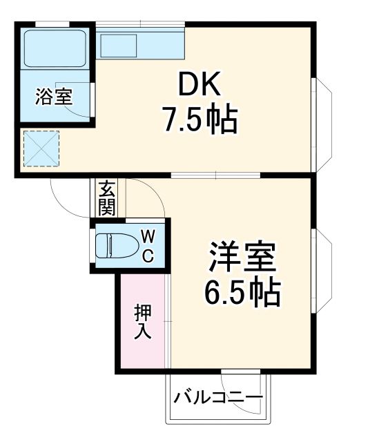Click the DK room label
(x=200, y=86)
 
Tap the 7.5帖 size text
(x=200, y=120)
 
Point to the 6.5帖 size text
(x=242, y=294)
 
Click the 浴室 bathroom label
(x=54, y=96)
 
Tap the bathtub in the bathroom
(x=54, y=48)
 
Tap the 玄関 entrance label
(x=106, y=198)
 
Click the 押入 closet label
(x=142, y=320)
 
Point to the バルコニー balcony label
(x=218, y=398)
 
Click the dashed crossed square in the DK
(x=41, y=148)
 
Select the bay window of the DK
(x=322, y=122)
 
